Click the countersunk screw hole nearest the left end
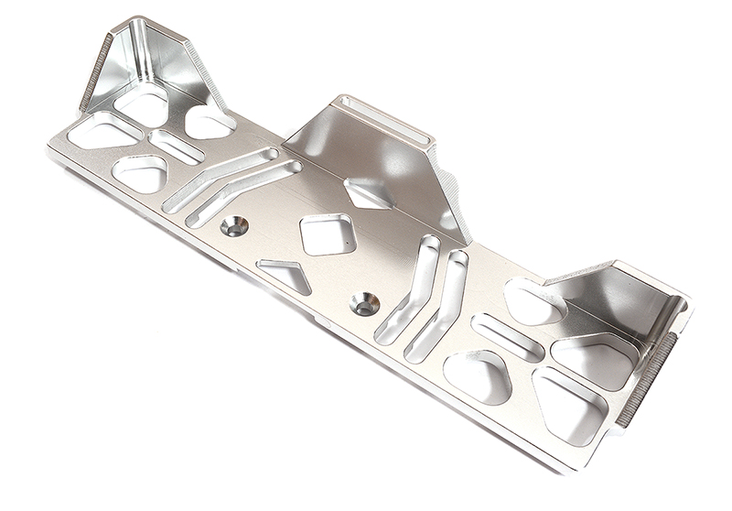tap(234, 225)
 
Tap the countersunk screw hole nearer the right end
tap(365, 303)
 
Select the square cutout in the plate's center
tap(328, 234)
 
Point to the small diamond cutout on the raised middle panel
tap(368, 193)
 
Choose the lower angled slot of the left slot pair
tap(243, 193)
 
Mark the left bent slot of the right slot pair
tap(408, 289)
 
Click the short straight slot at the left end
tap(177, 147)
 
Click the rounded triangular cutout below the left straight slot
tap(140, 172)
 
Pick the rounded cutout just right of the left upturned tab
tap(210, 121)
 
